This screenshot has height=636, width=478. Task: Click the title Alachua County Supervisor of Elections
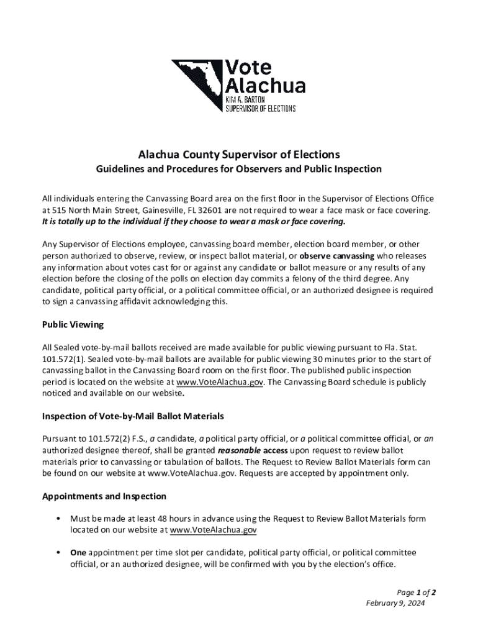click(x=239, y=154)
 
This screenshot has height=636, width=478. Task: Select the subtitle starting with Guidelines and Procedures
click(x=239, y=169)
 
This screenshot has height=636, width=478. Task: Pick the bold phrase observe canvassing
click(x=337, y=256)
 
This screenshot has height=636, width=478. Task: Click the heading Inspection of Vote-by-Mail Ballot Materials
click(x=133, y=416)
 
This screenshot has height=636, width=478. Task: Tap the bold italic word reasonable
click(x=239, y=450)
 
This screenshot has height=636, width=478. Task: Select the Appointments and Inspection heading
click(x=104, y=496)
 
